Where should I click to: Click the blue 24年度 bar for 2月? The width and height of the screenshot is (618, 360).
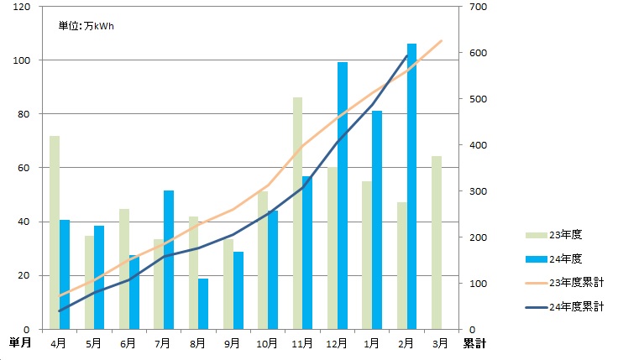[x=411, y=186]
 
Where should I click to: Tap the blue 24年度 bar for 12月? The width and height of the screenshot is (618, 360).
[x=343, y=196]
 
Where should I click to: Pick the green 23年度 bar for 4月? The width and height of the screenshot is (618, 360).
[x=55, y=232]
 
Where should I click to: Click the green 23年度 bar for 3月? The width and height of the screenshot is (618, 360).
[x=436, y=243]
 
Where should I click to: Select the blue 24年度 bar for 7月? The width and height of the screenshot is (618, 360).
[x=169, y=260]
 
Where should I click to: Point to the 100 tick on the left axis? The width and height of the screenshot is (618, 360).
[x=23, y=60]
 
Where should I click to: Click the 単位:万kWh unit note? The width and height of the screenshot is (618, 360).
[x=86, y=26]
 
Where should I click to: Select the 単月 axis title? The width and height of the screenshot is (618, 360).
[x=20, y=342]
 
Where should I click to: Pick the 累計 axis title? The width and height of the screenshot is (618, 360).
[x=475, y=342]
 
